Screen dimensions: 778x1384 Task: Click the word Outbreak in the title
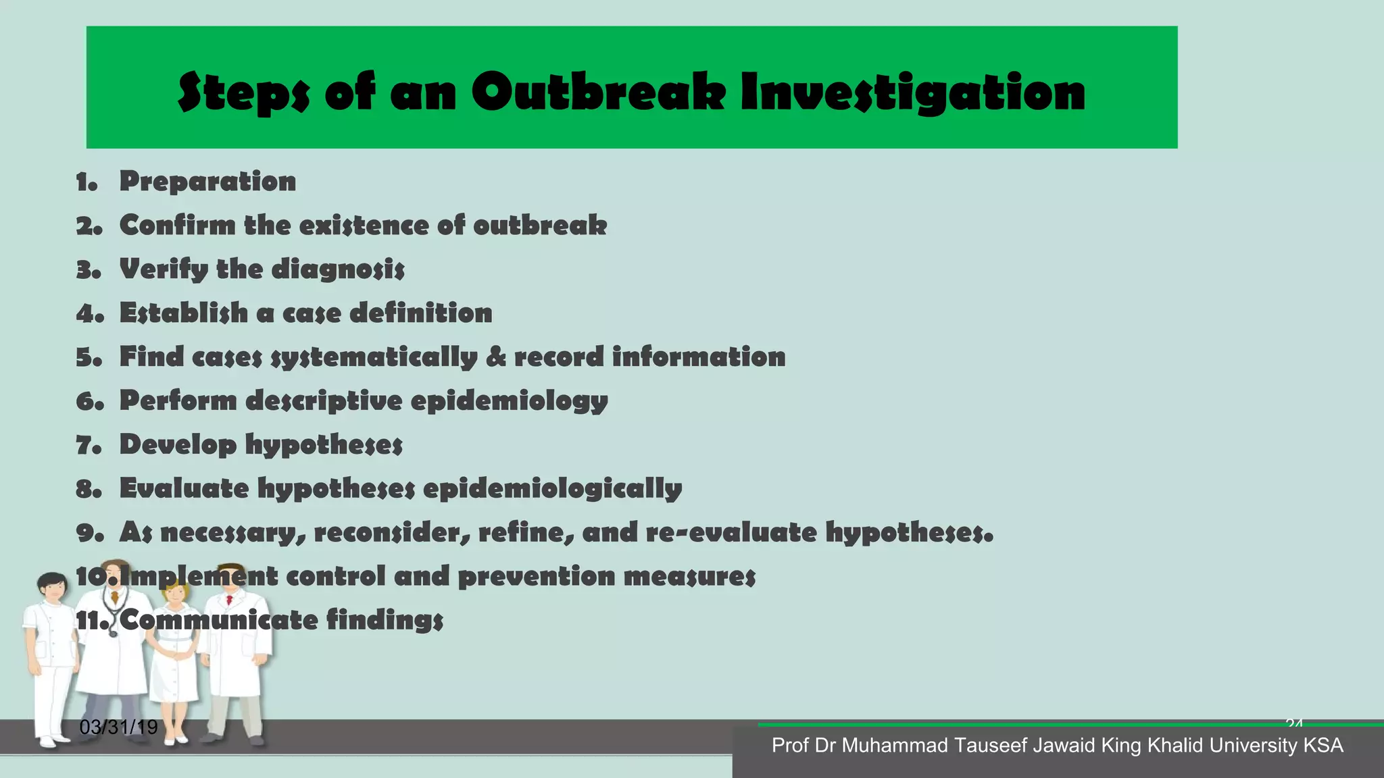[x=598, y=93]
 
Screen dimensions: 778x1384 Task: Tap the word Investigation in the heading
[x=913, y=93]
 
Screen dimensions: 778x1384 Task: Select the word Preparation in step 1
[x=207, y=181]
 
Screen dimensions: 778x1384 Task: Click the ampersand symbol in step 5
[x=496, y=357]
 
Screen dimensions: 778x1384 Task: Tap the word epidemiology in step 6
[x=509, y=401]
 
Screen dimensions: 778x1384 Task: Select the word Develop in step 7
[x=178, y=445]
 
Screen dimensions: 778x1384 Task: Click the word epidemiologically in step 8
[x=552, y=489]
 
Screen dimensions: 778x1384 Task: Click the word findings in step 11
[x=385, y=620]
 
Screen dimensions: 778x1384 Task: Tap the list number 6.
[x=89, y=401]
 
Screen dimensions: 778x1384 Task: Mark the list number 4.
[x=89, y=313]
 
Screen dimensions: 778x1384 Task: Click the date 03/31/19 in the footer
[x=118, y=727]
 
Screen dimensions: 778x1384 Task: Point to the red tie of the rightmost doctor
[x=230, y=600]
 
